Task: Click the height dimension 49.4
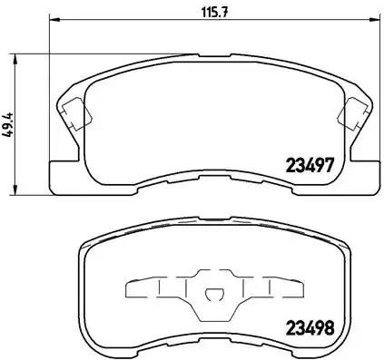(10, 123)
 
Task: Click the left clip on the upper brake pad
(74, 114)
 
